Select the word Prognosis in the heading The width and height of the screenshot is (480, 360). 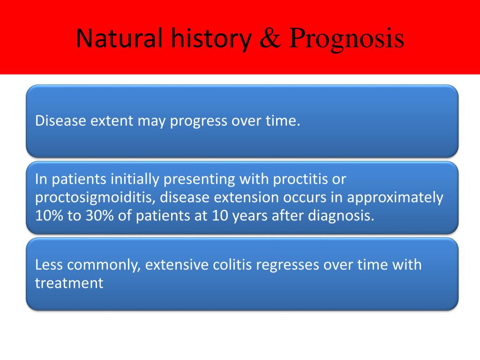pos(347,40)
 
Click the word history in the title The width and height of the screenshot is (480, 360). pos(211,39)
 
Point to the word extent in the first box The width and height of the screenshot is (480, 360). pos(112,120)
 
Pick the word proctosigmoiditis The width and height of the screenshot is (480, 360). pos(95,197)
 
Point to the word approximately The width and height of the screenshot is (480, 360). pos(395,197)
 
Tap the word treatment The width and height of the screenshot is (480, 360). pos(69,283)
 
